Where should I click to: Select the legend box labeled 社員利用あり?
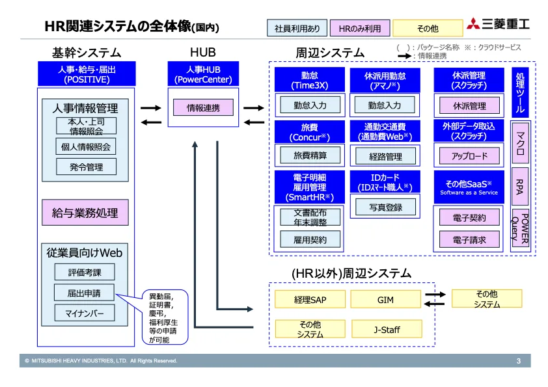coord(297,28)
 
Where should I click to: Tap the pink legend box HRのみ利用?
coord(359,28)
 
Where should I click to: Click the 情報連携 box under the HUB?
coord(203,107)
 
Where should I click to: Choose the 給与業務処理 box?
coord(85,212)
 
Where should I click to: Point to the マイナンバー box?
coord(85,313)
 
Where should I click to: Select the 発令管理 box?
coord(86,167)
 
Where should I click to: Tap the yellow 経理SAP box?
coord(309,299)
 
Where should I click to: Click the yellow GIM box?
coord(385,299)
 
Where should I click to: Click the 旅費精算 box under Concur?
coord(310,155)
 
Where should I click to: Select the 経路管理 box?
coord(385,156)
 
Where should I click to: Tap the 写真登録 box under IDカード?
coord(385,207)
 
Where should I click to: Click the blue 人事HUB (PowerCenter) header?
coord(203,73)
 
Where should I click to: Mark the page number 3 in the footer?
coord(519,361)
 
